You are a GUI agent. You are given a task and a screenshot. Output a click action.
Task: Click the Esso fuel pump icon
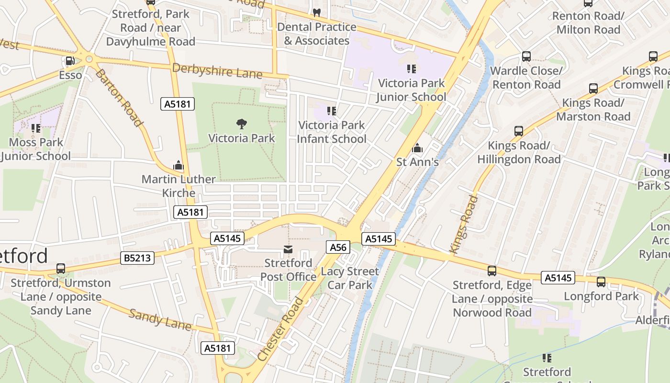tap(70, 61)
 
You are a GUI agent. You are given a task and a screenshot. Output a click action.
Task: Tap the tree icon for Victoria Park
tap(242, 124)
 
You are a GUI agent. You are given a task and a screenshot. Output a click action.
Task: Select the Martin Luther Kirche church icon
tap(179, 166)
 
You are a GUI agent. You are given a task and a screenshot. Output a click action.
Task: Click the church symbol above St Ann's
tap(417, 148)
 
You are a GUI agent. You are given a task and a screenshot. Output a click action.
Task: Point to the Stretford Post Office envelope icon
tap(288, 249)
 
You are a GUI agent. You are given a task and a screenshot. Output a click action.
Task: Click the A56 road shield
tap(338, 247)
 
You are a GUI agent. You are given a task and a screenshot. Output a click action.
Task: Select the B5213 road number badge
tap(137, 258)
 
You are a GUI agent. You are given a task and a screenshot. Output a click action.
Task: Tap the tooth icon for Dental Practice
tap(316, 13)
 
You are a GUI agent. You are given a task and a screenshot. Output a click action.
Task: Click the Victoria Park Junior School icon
tap(411, 69)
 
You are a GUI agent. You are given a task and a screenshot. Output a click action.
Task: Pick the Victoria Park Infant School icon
tap(331, 112)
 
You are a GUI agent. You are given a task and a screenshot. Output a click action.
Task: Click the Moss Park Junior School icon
tap(36, 128)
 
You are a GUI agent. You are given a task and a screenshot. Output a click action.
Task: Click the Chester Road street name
tap(280, 329)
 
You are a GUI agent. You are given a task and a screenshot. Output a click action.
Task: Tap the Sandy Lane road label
tap(160, 320)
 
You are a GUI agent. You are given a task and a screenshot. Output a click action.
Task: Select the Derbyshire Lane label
tap(217, 71)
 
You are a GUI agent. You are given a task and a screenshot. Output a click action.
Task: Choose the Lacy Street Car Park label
tap(350, 278)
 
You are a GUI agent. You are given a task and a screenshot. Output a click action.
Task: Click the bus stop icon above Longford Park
tap(601, 282)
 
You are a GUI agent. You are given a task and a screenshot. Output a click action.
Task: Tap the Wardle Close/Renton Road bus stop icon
tap(526, 56)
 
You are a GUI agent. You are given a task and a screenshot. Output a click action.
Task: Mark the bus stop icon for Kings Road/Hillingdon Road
tap(519, 131)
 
